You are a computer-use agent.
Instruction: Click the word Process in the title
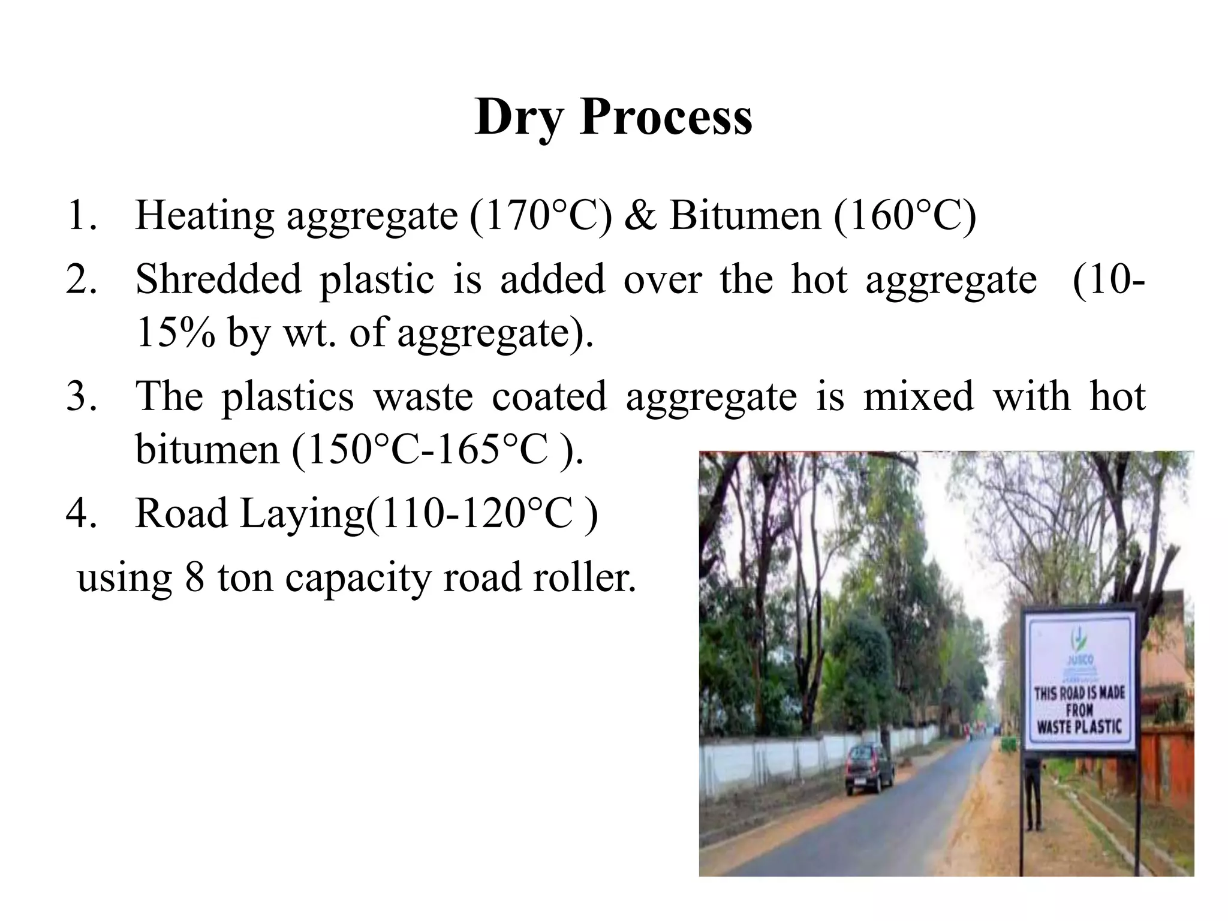tap(666, 117)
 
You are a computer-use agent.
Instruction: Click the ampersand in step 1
tap(640, 216)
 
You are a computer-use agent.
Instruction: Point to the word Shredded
tap(218, 279)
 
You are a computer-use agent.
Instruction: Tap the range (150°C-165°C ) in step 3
tap(438, 449)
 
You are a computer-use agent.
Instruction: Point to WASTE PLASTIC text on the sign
tap(1079, 726)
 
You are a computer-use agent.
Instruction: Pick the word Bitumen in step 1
tap(745, 216)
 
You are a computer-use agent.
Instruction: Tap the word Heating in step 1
tap(204, 216)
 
